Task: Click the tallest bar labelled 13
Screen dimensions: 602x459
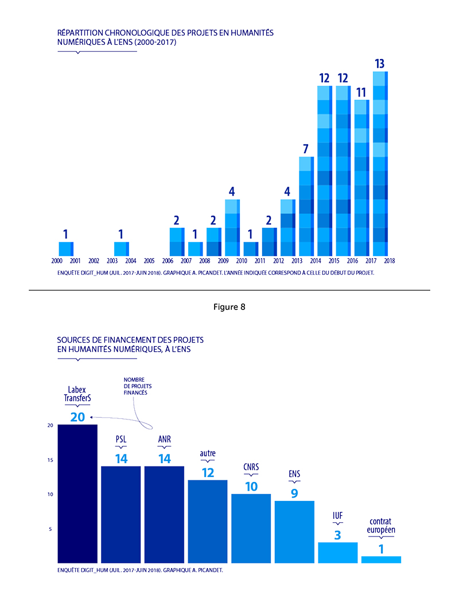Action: tap(380, 164)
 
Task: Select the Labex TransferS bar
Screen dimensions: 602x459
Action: tap(77, 494)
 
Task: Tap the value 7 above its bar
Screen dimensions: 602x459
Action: tap(306, 149)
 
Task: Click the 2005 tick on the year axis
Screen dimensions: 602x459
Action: tap(149, 261)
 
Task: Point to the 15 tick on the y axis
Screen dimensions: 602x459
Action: tap(50, 460)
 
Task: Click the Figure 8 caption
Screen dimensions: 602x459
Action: tap(229, 307)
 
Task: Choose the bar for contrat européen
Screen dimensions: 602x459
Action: tap(381, 560)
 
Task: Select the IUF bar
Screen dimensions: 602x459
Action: tap(338, 552)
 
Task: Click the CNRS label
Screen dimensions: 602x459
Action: tap(251, 467)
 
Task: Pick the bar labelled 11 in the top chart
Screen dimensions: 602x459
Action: tap(361, 178)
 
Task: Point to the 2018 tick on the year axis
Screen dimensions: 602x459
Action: tap(390, 261)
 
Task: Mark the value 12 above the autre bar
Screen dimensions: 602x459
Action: tap(208, 472)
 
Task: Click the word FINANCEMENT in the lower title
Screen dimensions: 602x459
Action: tap(119, 340)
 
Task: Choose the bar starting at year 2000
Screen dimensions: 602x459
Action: tap(66, 248)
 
